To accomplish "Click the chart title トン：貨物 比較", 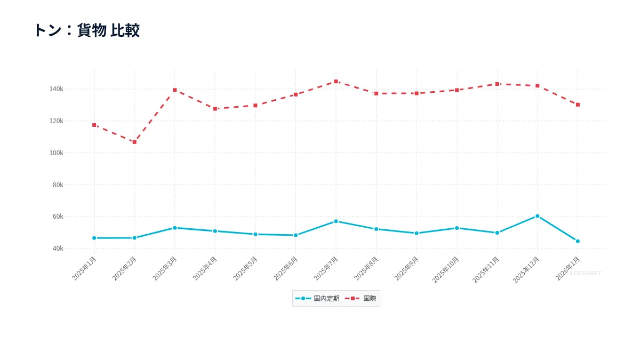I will click(x=86, y=30).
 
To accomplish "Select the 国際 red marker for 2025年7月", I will click(x=336, y=82).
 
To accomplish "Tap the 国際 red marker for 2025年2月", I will click(x=134, y=142).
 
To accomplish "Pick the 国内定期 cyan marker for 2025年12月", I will click(x=537, y=216).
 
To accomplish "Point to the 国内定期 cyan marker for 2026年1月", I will click(x=578, y=241).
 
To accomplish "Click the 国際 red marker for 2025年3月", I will click(x=174, y=90).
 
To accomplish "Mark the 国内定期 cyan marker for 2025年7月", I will click(x=336, y=221).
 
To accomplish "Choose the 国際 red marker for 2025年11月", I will click(x=497, y=84).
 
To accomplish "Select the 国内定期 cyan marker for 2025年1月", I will click(x=94, y=238).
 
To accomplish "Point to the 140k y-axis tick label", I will click(x=56, y=89).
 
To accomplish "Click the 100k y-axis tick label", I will click(x=56, y=153).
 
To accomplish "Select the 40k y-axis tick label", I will click(x=58, y=249).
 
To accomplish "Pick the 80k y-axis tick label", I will click(x=58, y=185).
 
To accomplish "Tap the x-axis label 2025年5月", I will click(x=246, y=268).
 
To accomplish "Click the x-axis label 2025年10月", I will click(x=446, y=269).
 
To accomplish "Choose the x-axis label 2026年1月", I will click(x=568, y=268).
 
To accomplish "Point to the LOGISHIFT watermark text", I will click(x=586, y=273).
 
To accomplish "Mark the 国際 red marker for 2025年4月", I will click(x=215, y=109).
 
